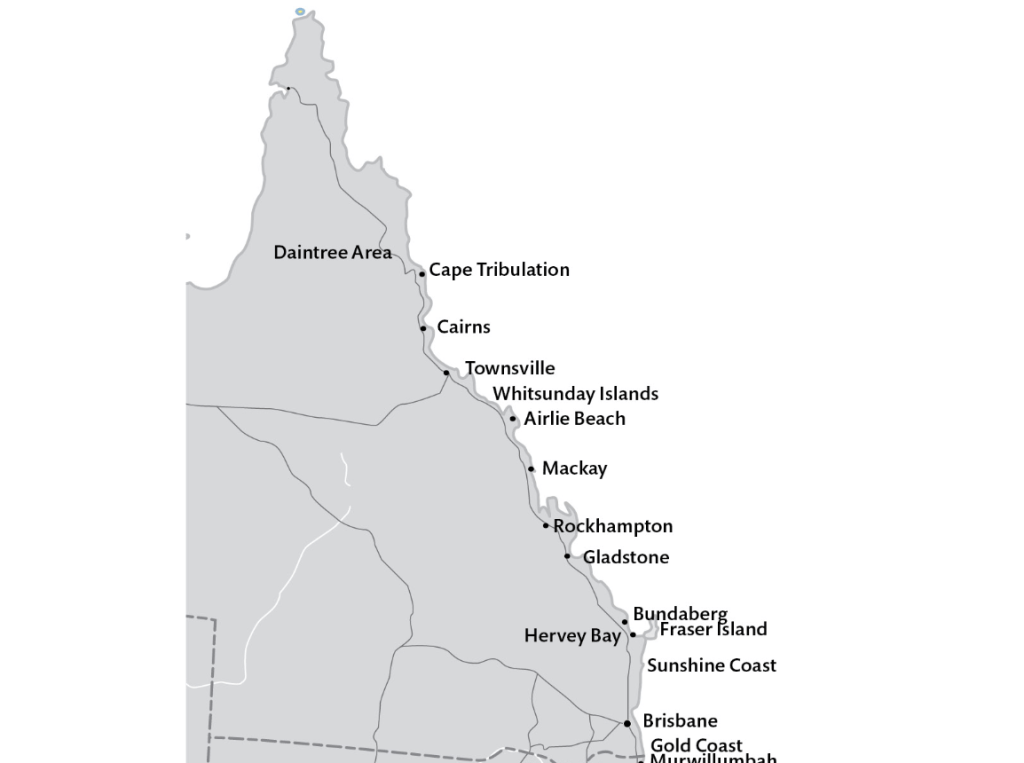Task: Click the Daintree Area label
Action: click(332, 253)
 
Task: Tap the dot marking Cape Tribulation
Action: click(422, 273)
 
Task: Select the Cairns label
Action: click(463, 327)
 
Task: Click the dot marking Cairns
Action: click(423, 328)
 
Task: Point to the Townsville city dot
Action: click(447, 373)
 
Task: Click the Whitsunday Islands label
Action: click(575, 394)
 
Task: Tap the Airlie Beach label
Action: click(574, 419)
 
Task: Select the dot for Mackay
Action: click(531, 469)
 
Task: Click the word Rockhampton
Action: click(613, 526)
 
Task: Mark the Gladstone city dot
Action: click(567, 556)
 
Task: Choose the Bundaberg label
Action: click(680, 613)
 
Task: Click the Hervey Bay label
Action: click(572, 636)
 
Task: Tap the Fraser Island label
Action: click(713, 629)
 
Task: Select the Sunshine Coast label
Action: click(711, 665)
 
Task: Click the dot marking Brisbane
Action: click(627, 723)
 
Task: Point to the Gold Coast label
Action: click(696, 745)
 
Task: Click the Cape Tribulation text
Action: click(499, 270)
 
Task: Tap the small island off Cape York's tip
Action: click(300, 12)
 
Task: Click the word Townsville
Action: click(509, 368)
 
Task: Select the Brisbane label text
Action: click(680, 721)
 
